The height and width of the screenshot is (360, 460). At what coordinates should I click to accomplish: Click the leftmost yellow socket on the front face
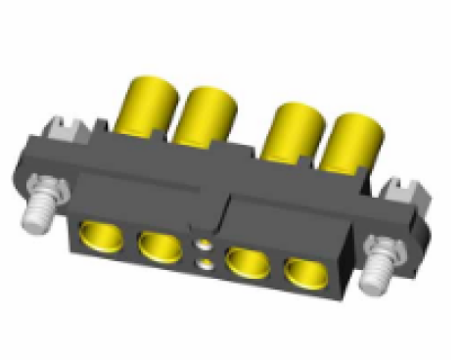click(99, 236)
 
